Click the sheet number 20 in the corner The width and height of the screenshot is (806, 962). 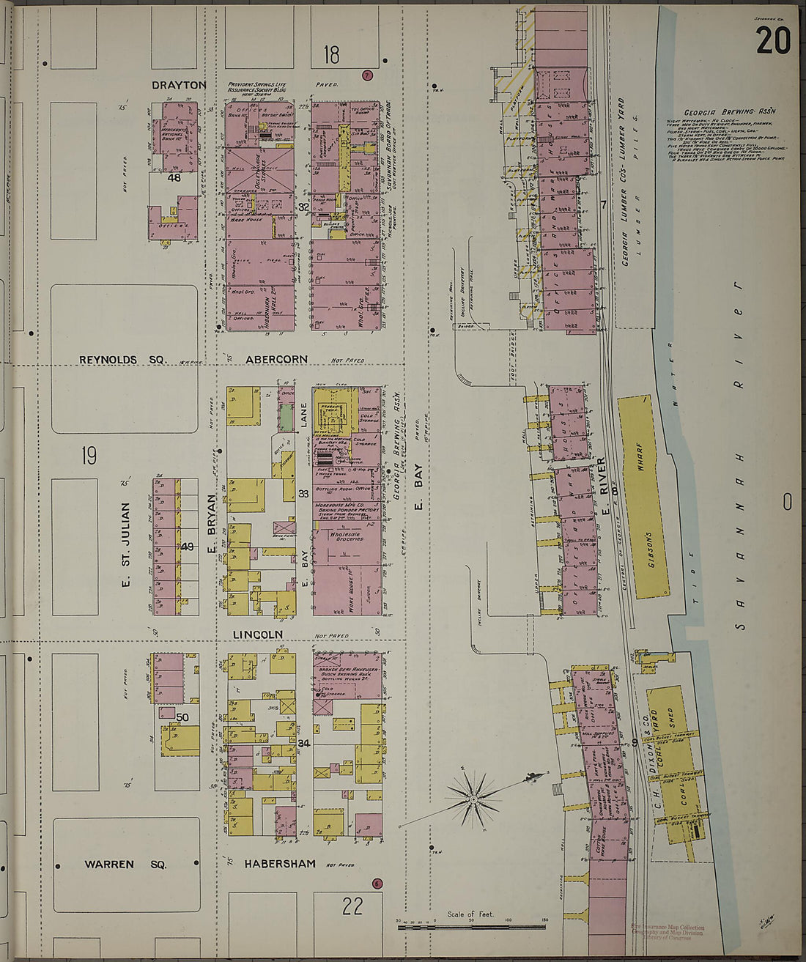pos(773,40)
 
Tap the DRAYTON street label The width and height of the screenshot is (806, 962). pos(179,85)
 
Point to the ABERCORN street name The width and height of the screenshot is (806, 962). pos(277,360)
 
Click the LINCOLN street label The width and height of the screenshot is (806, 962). pos(258,634)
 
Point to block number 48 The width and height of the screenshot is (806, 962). pos(174,178)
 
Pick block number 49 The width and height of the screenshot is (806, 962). pos(187,546)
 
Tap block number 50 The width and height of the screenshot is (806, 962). pos(182,717)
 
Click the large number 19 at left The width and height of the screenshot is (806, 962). pos(89,457)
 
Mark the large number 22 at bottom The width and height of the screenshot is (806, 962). pos(352,906)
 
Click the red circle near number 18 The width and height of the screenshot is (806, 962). pos(368,75)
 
